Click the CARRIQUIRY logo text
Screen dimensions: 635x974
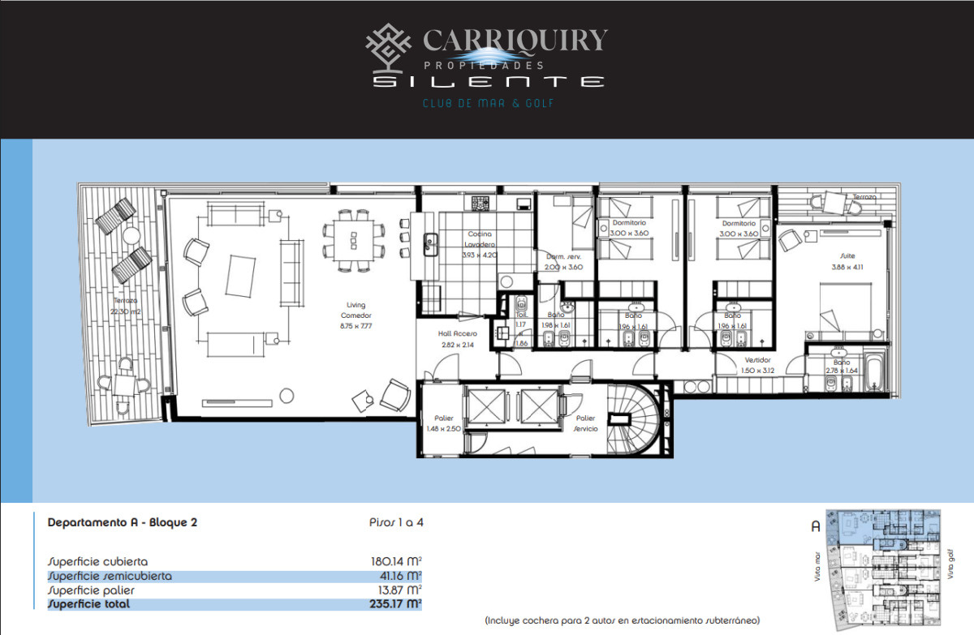point(515,41)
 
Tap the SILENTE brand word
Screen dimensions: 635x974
point(488,82)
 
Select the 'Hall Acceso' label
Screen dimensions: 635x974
point(459,339)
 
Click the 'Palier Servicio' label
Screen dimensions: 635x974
point(586,423)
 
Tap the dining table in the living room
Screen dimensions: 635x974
point(354,237)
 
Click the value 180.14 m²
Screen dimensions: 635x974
point(395,561)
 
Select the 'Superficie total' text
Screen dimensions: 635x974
point(88,604)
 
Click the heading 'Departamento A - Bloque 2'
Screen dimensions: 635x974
point(123,523)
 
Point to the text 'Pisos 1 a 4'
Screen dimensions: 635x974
point(396,523)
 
